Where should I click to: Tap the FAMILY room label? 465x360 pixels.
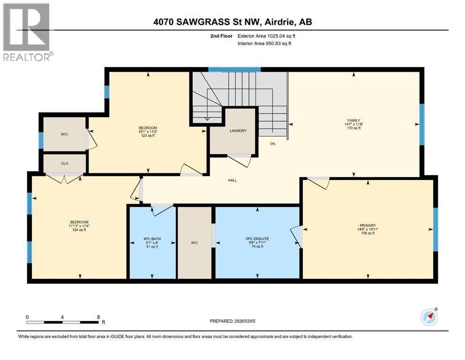coord(353,120)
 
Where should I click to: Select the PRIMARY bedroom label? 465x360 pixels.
coord(368,225)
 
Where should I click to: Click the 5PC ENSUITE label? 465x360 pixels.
coord(257,239)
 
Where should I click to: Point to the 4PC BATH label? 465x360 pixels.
coord(152,239)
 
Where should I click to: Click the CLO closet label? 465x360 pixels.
coord(65,164)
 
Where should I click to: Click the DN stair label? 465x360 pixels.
coord(272,144)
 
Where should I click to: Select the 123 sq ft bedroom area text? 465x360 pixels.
coord(147,136)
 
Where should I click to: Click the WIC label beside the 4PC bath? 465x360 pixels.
coord(195,242)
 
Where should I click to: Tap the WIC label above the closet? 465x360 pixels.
coord(65,135)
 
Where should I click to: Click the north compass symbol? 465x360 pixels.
coord(429,317)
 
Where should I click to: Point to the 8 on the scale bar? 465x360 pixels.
coord(98,317)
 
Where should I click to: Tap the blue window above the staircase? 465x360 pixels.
coord(234,69)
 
